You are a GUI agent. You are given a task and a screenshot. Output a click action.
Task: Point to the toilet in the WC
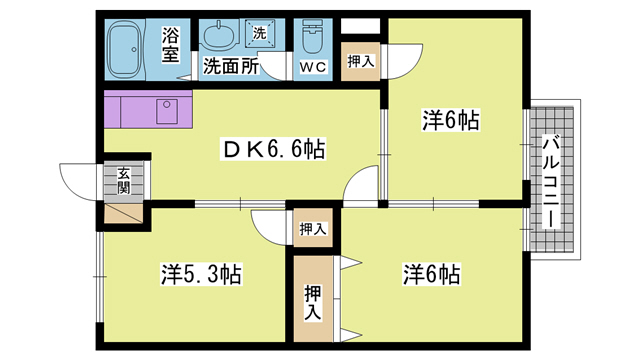pos(313,39)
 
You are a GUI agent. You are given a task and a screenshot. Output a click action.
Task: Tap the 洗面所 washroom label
pos(232,67)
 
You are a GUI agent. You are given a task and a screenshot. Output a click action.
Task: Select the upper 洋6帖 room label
pos(450,121)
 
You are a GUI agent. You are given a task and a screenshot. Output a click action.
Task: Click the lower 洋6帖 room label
pos(432,272)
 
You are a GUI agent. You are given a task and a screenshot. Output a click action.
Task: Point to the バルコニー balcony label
pos(551,179)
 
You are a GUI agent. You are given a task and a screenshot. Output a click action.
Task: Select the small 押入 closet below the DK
pos(313,229)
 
